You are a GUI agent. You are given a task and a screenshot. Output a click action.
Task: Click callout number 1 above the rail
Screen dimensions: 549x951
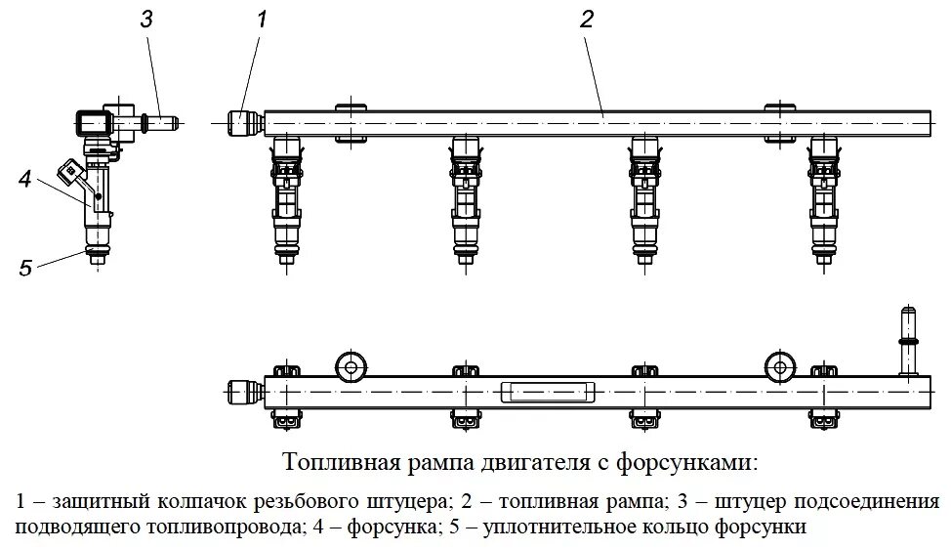coord(262,19)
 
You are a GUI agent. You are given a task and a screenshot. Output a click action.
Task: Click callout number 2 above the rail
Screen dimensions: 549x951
coord(586,19)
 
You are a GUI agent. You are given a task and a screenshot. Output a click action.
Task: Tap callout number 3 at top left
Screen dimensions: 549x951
coord(145,19)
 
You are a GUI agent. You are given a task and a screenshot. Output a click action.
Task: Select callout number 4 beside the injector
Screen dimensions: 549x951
coord(24,179)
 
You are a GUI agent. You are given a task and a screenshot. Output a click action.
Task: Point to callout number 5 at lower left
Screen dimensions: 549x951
coord(26,266)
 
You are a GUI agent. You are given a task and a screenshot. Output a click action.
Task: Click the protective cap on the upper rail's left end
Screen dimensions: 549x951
coord(242,123)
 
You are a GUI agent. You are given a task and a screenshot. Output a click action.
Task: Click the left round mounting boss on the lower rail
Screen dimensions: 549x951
coord(350,366)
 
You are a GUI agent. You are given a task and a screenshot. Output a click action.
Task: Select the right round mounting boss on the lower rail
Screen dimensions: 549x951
coord(778,366)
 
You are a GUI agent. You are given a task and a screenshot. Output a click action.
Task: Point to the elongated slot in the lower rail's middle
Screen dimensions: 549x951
coord(547,392)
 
